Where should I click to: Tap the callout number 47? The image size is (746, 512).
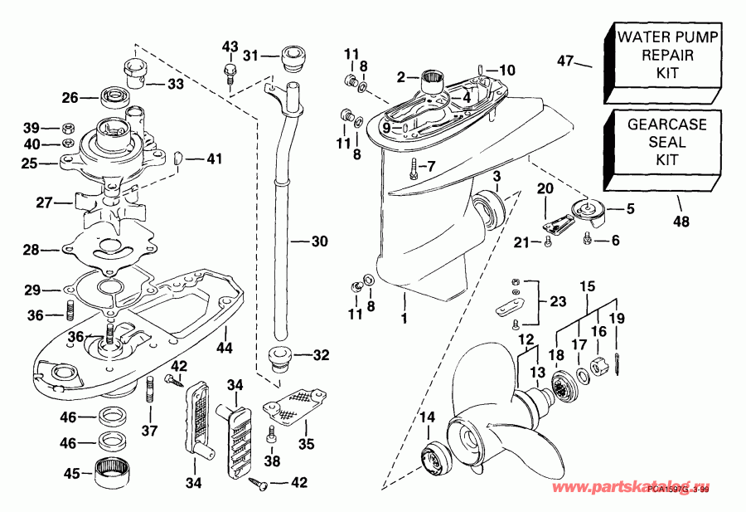point(565,61)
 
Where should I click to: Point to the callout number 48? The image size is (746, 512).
point(681,222)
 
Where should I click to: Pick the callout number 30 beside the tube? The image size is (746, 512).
point(319,242)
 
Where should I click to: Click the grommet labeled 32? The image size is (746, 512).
point(278,358)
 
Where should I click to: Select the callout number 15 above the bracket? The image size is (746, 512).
point(587,288)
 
